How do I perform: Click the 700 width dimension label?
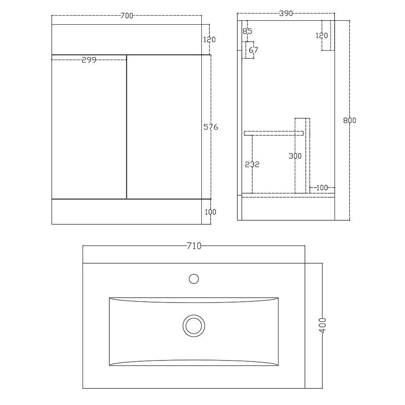click(127, 16)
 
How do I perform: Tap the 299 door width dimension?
click(89, 60)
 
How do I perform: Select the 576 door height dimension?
click(211, 127)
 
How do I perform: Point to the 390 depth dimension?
click(286, 13)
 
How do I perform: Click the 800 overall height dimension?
click(350, 120)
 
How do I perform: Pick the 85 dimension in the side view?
click(247, 31)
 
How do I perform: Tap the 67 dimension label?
click(254, 50)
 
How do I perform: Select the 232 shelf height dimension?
click(252, 164)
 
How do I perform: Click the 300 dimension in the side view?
click(295, 156)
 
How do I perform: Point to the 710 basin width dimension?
click(194, 246)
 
